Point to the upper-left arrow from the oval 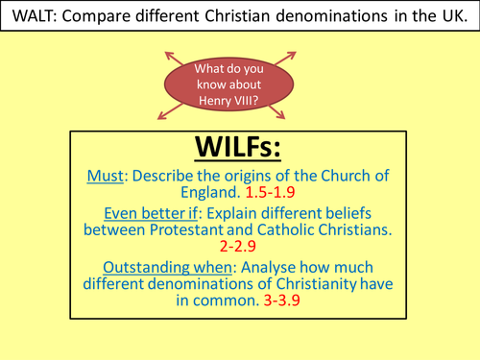click(x=176, y=56)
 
